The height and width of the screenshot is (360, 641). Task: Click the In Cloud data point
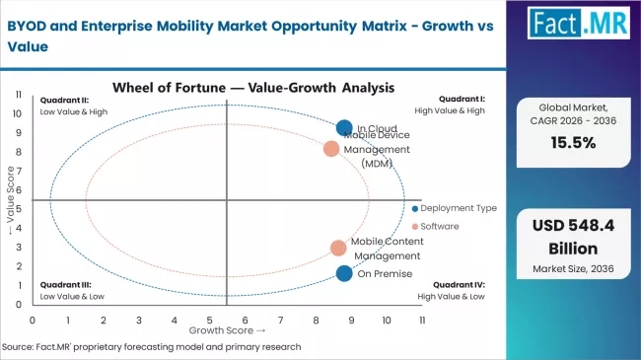tap(344, 128)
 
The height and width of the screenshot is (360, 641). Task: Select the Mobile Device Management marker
tap(331, 149)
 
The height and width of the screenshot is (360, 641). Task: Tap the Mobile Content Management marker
tap(338, 249)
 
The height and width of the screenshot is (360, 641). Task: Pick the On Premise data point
tap(344, 273)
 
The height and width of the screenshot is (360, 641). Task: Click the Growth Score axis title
tap(228, 330)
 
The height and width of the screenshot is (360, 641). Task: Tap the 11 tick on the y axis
tap(19, 95)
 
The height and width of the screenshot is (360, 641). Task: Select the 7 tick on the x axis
tap(280, 320)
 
